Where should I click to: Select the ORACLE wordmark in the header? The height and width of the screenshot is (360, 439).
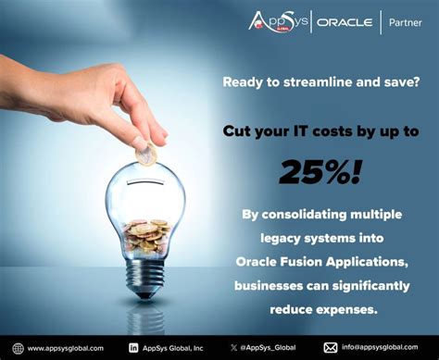344,21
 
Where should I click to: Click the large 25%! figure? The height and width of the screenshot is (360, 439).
319,169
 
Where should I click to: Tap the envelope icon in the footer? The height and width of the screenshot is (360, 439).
331,347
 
